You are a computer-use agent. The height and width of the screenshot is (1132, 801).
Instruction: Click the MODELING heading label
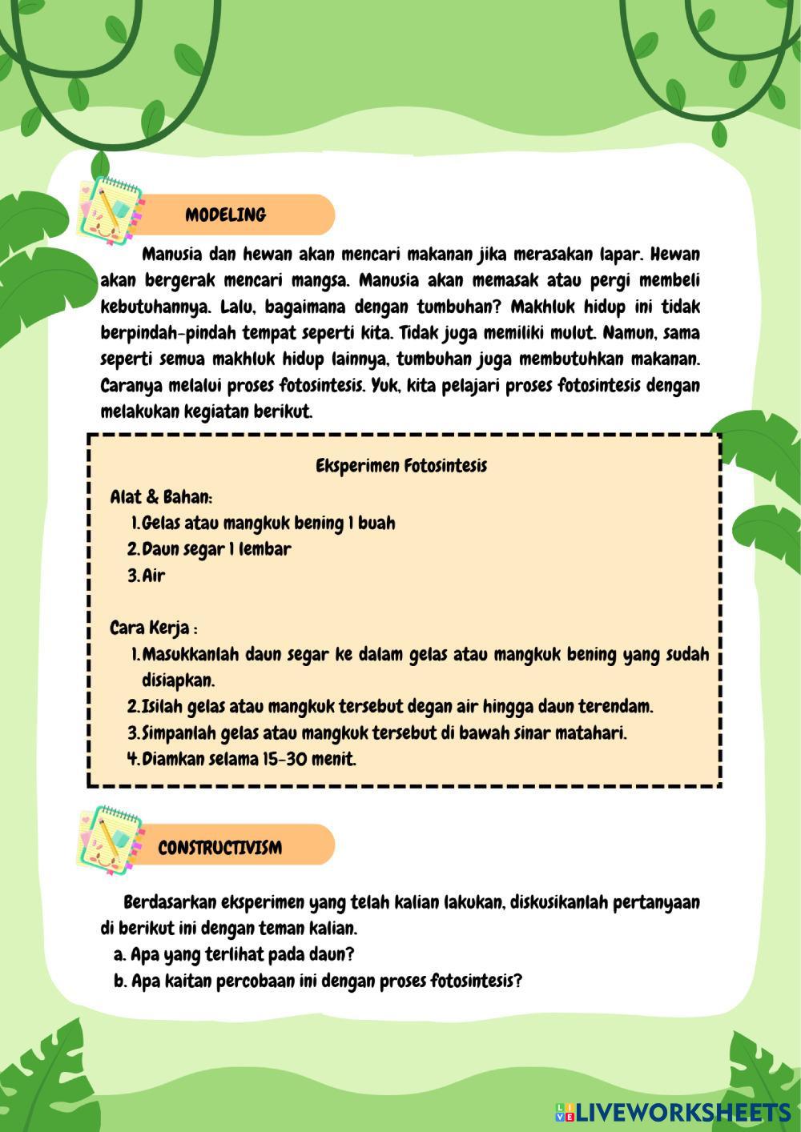point(225,215)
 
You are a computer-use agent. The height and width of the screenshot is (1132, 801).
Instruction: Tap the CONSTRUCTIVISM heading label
point(219,848)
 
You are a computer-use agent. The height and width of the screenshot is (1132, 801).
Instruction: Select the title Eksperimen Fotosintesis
point(401,465)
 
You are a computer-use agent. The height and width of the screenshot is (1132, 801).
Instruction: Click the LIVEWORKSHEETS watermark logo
point(673,1111)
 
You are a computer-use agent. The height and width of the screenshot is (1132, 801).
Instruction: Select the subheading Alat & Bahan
point(161,497)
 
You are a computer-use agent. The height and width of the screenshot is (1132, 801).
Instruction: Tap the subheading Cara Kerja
point(153,627)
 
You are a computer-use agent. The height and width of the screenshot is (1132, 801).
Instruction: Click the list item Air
point(154,576)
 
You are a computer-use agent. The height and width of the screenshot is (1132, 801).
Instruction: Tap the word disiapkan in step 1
point(179,680)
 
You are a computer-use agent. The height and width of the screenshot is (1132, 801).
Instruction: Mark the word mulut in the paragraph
point(570,332)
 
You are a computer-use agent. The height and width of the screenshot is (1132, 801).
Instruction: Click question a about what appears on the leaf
point(234,954)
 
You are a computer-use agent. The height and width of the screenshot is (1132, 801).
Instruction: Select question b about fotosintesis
point(318,981)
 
